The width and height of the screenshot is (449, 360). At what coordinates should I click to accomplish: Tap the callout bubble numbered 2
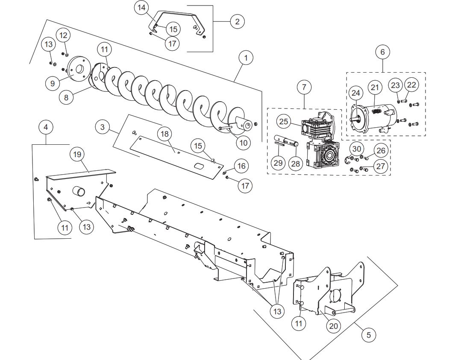(237, 21)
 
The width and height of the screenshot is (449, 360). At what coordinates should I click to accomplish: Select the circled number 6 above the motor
(382, 52)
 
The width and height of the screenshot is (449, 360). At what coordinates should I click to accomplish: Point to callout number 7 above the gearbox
(304, 87)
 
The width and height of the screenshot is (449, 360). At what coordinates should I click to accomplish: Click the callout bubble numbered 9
(53, 83)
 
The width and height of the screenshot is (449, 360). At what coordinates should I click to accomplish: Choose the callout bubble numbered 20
(333, 325)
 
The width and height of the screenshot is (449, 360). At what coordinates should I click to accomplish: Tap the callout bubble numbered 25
(284, 122)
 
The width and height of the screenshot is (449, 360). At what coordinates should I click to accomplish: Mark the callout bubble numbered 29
(278, 163)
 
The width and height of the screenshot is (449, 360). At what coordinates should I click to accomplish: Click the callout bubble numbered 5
(369, 335)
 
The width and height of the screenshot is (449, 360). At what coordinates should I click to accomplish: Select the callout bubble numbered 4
(46, 127)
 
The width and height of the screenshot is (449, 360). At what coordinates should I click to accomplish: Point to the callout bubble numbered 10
(243, 142)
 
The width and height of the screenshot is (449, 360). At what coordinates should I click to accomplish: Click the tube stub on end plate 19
(79, 191)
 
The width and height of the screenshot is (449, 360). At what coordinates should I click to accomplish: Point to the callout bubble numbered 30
(357, 149)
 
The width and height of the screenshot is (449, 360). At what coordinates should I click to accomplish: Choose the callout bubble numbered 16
(241, 165)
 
